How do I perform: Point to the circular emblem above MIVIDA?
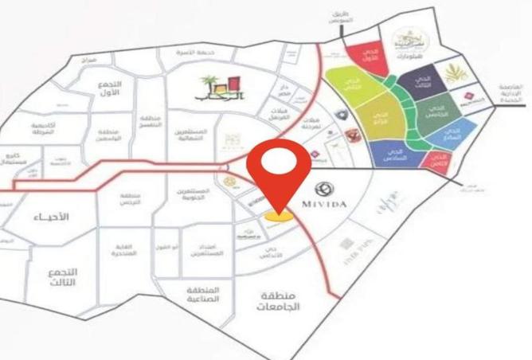point(323,189)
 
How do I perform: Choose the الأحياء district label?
point(53,217)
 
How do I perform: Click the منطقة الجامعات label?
point(275,302)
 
